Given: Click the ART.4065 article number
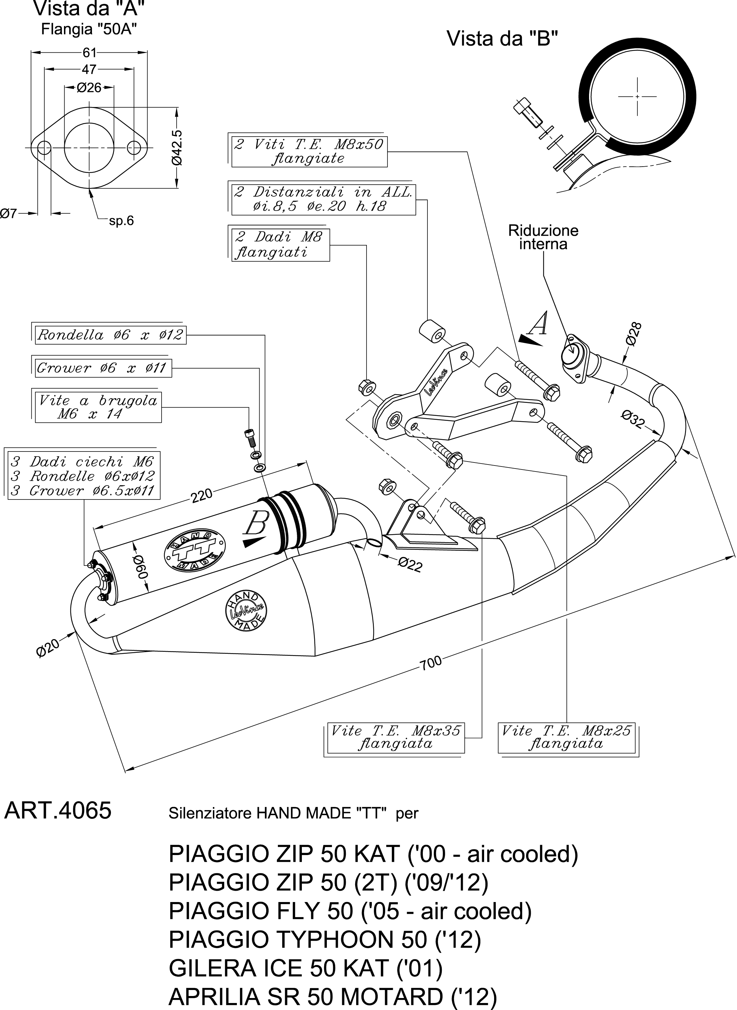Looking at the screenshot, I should [58, 811].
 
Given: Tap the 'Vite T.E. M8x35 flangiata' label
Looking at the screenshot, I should [395, 737].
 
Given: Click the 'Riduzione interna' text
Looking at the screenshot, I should [543, 237].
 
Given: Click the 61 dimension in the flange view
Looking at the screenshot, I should [89, 53].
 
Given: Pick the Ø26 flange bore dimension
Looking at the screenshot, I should [89, 88].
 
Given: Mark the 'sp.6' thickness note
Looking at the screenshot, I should [121, 221].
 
